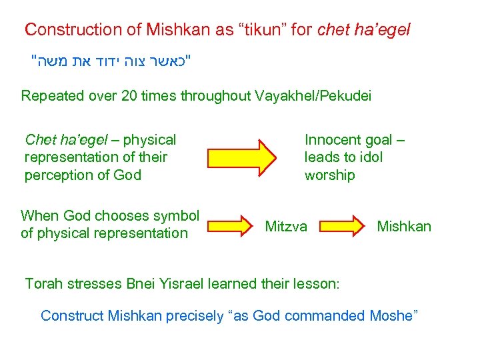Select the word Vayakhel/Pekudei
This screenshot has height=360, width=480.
pyautogui.click(x=313, y=95)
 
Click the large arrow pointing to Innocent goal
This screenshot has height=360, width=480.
pyautogui.click(x=241, y=157)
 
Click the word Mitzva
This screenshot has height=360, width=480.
pyautogui.click(x=286, y=227)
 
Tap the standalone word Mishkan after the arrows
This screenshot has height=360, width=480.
pyautogui.click(x=404, y=227)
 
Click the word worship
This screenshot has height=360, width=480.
pyautogui.click(x=329, y=175)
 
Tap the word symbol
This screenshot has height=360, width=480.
pyautogui.click(x=176, y=215)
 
